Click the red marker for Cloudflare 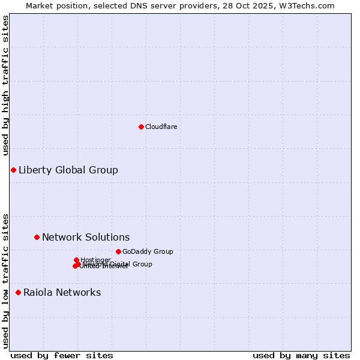[x=141, y=127]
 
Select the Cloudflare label [x=161, y=127]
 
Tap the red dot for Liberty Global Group [x=13, y=170]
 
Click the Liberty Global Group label [x=68, y=170]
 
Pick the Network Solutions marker [x=37, y=237]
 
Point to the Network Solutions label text [x=86, y=237]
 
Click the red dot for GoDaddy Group [x=118, y=251]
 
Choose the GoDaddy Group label [x=148, y=251]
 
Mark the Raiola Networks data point [x=18, y=292]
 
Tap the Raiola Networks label [x=62, y=292]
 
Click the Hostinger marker [x=76, y=260]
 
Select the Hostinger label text [x=96, y=259]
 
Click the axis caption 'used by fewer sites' [x=62, y=355]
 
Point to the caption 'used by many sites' [x=301, y=355]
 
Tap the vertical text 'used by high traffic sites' [x=6, y=85]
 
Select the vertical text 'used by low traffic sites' [x=6, y=280]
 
